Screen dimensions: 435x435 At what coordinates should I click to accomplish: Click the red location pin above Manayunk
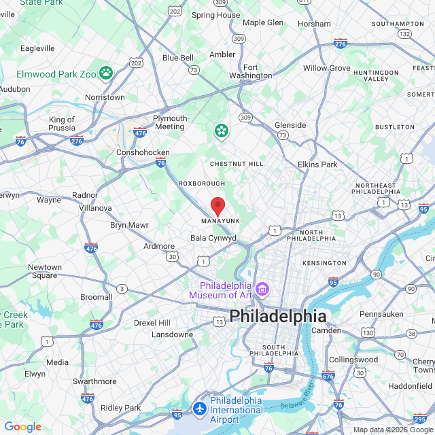coord(217,206)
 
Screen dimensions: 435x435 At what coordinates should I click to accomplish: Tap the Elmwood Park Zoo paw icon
coord(106,71)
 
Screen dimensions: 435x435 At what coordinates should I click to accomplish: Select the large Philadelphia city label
coord(277,316)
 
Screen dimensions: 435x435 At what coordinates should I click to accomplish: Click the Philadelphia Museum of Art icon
coord(263,291)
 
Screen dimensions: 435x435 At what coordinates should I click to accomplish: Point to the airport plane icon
coord(200,409)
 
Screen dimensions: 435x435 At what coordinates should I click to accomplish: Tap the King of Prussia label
coord(61,124)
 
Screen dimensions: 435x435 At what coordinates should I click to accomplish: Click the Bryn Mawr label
coord(129,225)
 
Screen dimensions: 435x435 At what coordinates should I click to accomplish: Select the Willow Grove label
coord(327,68)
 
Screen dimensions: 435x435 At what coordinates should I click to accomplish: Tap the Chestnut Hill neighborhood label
coord(236,164)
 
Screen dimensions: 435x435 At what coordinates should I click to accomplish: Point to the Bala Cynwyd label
coord(213,239)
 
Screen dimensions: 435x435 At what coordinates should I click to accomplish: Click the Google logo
coord(23,427)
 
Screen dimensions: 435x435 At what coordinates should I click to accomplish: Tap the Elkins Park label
coord(317,164)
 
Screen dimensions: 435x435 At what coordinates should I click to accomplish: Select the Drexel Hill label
coord(154,322)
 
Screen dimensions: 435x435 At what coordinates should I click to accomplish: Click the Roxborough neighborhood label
coord(201,184)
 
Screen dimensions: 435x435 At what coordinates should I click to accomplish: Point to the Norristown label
coord(105,97)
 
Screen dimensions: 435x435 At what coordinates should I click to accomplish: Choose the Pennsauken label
coord(381,315)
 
